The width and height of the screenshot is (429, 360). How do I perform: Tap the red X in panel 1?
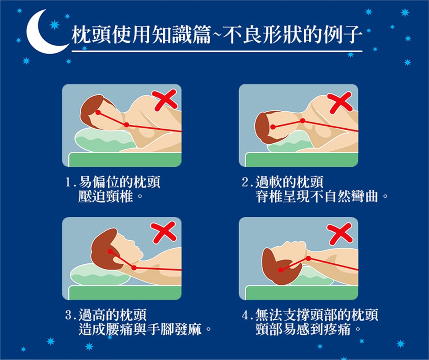[x=165, y=100]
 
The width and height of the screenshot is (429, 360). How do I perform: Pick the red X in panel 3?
[x=164, y=233]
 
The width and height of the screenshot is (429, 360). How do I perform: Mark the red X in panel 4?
[x=340, y=234]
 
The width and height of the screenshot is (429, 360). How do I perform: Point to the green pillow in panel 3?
[x=100, y=275]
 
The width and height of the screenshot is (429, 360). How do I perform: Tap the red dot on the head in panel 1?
[x=98, y=113]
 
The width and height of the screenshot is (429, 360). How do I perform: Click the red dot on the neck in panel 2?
[x=303, y=121]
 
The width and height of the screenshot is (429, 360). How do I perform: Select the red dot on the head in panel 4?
[x=281, y=270]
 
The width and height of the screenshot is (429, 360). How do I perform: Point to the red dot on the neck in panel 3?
[x=134, y=268]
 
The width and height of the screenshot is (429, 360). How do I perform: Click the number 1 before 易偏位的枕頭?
[x=68, y=182]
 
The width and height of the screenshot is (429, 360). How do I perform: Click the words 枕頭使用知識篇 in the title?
[x=141, y=35]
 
